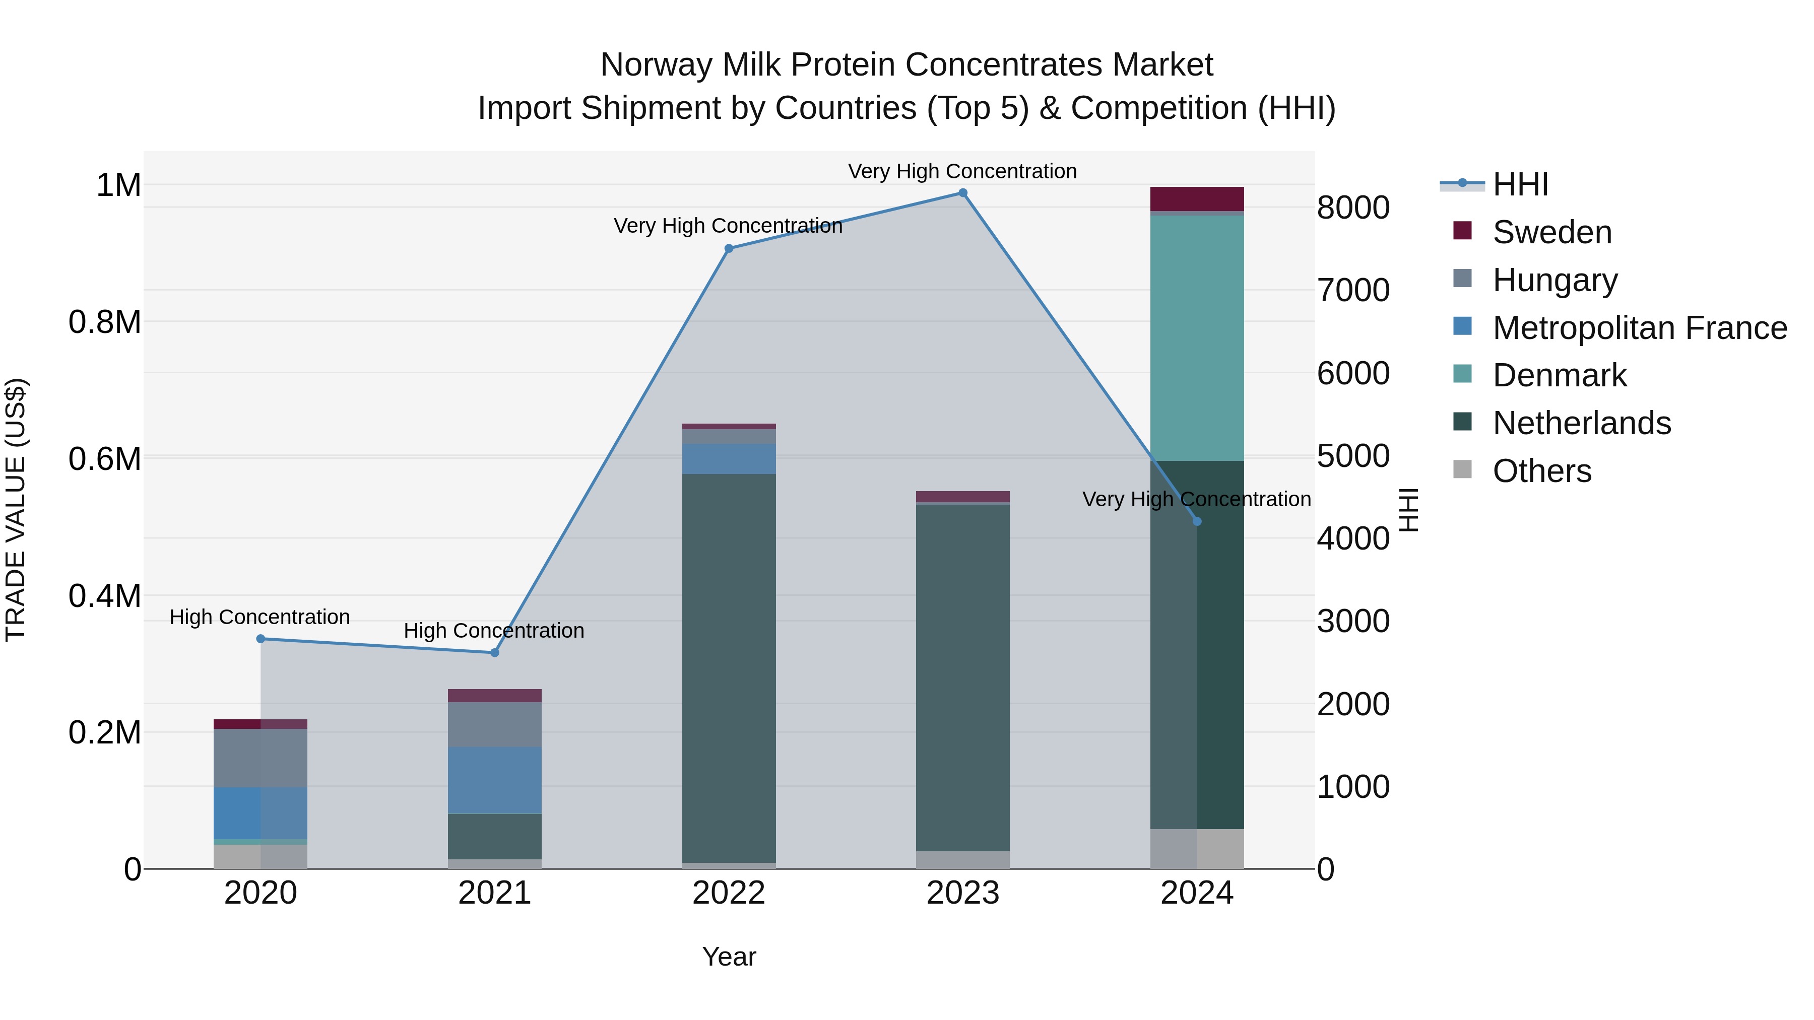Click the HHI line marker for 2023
(x=962, y=193)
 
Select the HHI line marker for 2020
(x=261, y=639)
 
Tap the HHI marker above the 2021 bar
(x=494, y=652)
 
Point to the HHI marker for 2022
(x=729, y=248)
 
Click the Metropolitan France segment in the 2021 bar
(x=494, y=780)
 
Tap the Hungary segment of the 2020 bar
(x=261, y=758)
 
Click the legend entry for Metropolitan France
(x=1639, y=328)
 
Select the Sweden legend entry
(x=1552, y=232)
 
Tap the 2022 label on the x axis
(x=729, y=893)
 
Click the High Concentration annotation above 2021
(x=494, y=631)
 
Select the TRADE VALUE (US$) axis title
(x=16, y=510)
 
